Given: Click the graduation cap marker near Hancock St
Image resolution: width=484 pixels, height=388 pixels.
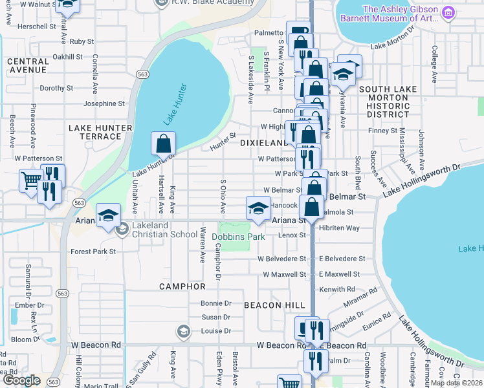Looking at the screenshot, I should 258,209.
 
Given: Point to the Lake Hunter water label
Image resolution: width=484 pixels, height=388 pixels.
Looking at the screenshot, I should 175,103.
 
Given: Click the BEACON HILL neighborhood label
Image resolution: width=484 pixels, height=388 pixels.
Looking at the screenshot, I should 270,305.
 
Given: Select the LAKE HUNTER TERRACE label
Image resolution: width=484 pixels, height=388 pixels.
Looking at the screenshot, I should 100,132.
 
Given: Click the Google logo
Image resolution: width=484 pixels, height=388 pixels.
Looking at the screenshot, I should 21,380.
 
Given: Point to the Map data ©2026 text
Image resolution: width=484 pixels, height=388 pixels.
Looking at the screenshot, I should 456,383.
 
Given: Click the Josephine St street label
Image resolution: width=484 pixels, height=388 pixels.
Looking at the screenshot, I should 104,103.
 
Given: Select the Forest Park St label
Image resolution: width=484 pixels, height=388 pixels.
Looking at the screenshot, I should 93,251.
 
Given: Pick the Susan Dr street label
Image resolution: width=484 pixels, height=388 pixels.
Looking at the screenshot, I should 216,317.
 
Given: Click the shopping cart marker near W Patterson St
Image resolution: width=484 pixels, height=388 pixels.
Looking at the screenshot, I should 30,180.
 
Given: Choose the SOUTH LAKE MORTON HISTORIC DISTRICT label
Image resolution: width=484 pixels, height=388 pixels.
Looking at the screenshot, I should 384,102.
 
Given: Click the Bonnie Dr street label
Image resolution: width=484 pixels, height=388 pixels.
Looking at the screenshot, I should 216,303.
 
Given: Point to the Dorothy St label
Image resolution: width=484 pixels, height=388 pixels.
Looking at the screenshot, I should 56,88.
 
